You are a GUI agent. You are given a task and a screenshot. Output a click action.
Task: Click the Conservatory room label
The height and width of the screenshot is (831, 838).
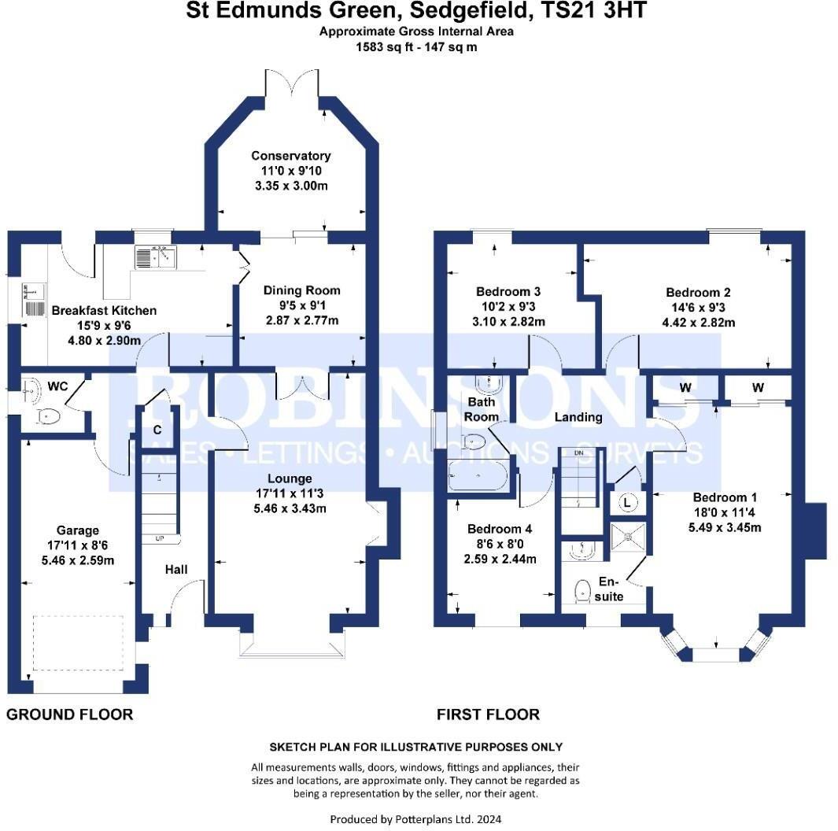coord(290,156)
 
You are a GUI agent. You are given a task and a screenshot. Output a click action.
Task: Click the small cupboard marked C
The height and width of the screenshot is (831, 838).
coord(157,430)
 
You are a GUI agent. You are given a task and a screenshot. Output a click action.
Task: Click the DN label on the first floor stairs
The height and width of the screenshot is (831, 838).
coord(579,454)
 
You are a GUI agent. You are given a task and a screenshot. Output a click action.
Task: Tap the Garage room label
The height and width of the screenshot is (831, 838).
coord(77,530)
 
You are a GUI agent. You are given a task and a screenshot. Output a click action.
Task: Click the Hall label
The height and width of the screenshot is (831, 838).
coord(176,569)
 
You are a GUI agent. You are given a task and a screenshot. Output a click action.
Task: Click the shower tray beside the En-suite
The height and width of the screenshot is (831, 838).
coord(628,536)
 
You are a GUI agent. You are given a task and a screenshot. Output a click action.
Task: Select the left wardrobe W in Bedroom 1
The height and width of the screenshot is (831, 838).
coord(685,387)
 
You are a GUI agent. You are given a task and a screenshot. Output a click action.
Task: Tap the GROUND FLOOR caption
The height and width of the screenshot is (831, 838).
coord(70,715)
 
